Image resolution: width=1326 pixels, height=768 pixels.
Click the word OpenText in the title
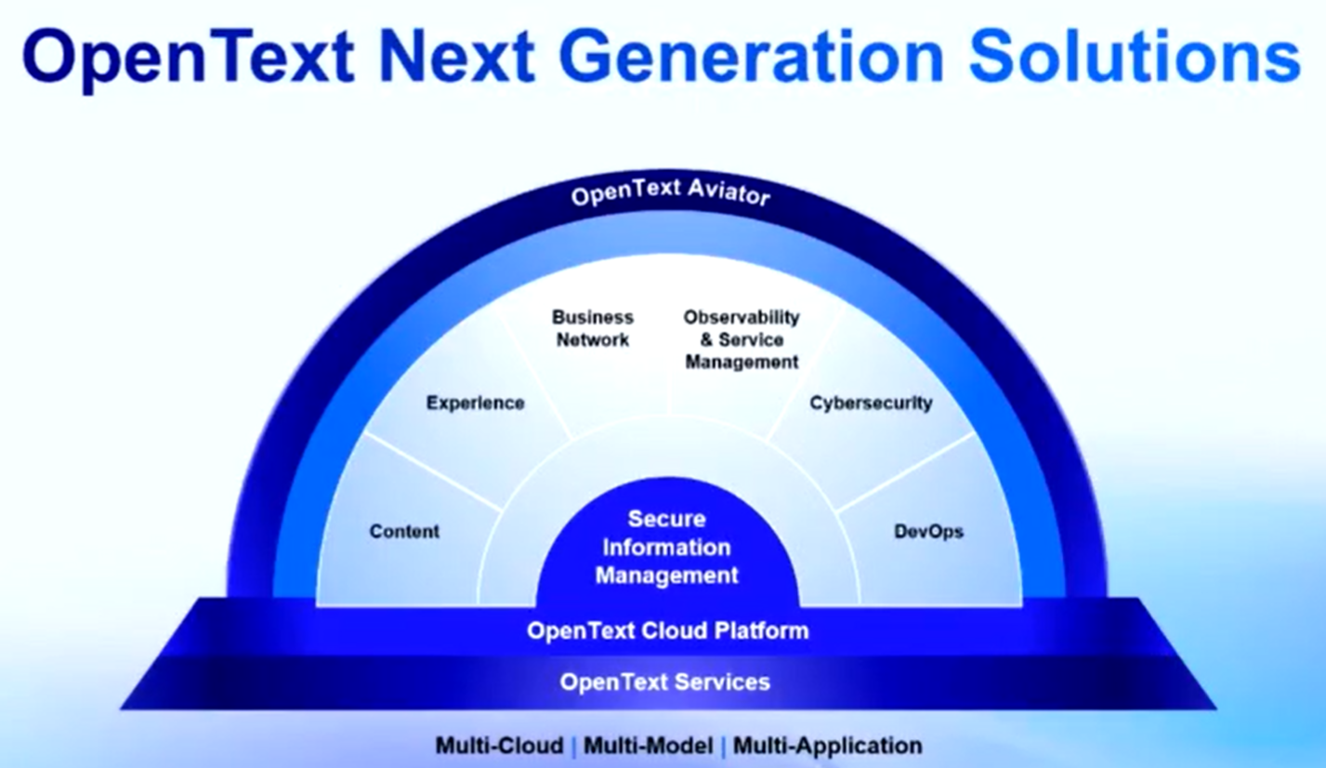[x=189, y=58]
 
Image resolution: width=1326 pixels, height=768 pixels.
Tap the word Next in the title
[x=456, y=57]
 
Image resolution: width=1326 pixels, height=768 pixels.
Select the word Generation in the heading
[x=751, y=57]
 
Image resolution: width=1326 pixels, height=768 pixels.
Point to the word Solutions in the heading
[x=1135, y=57]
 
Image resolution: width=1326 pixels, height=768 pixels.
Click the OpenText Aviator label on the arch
[x=671, y=192]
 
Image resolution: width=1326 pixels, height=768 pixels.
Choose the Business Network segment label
[x=593, y=328]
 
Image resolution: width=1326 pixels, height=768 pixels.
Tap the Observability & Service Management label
[x=742, y=339]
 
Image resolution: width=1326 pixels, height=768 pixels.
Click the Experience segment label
[x=476, y=404]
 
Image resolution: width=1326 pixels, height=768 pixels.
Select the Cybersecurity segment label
[x=871, y=404]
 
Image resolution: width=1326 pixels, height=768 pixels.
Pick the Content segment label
[x=404, y=531]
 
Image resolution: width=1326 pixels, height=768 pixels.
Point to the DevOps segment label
[x=929, y=531]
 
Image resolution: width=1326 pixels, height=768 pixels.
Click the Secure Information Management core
[x=667, y=547]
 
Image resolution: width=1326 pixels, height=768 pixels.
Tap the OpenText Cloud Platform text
[x=668, y=630]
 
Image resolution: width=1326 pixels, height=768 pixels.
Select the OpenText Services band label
[x=664, y=682]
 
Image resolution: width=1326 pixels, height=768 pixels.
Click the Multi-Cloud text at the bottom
[x=500, y=746]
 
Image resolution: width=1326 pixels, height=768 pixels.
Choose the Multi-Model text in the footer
[x=649, y=746]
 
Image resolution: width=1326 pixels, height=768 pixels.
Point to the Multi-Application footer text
[x=828, y=746]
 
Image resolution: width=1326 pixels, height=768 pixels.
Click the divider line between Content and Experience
[x=433, y=470]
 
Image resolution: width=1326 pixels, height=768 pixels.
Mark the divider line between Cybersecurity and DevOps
[x=906, y=470]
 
